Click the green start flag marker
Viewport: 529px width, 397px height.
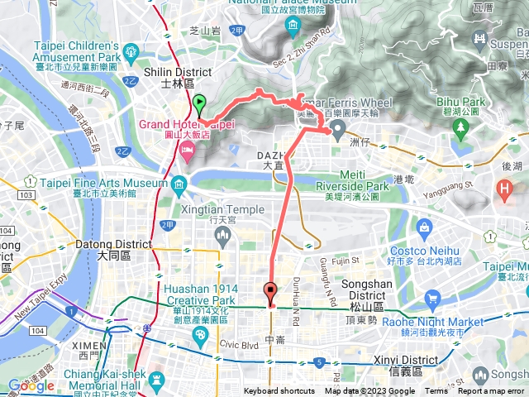(x=199, y=105)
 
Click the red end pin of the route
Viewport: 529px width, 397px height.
(x=270, y=291)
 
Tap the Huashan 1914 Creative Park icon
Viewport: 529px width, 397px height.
(x=199, y=335)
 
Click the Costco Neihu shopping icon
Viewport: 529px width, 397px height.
(x=425, y=226)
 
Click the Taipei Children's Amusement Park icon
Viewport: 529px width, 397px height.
(x=130, y=56)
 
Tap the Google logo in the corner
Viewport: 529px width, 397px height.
(x=31, y=385)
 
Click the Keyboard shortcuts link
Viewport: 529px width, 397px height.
(x=279, y=391)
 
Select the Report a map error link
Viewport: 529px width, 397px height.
(x=491, y=391)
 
